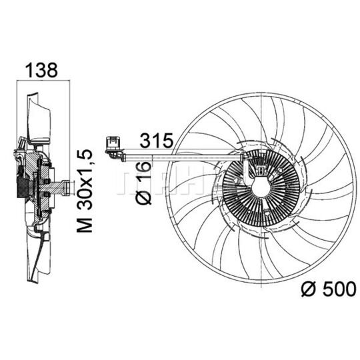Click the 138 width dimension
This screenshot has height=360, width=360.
tap(41, 69)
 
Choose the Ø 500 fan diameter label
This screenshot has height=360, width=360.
tap(329, 290)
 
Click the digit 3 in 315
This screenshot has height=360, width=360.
tap(145, 141)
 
